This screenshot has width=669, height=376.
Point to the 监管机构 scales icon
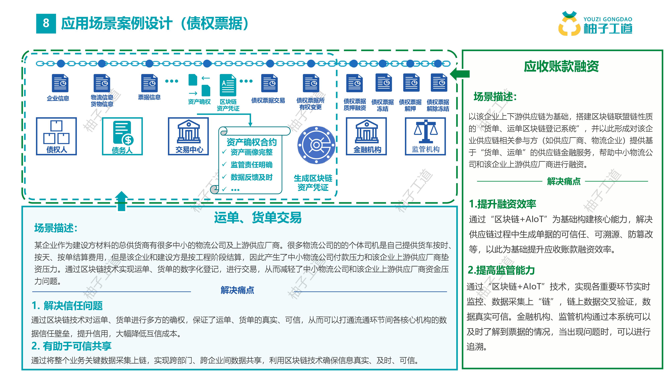tap(426, 131)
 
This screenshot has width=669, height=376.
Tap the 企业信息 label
tap(58, 98)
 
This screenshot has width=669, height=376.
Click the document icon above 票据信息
tap(149, 83)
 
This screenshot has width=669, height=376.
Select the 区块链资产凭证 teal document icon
tap(228, 85)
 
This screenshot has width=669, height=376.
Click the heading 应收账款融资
tap(561, 67)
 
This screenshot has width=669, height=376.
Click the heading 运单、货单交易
tap(258, 217)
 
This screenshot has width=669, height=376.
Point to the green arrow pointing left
tap(460, 74)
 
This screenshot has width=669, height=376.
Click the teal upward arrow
tap(122, 201)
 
